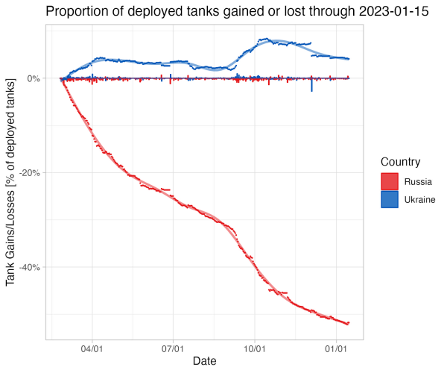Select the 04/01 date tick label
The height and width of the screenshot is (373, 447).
[92, 348]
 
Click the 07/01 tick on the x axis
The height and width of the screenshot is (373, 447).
[173, 348]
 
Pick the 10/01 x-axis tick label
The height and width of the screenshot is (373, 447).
[255, 348]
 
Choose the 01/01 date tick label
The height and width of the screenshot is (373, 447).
[337, 348]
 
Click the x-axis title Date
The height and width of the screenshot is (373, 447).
[205, 361]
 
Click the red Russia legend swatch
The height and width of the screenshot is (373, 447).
[390, 181]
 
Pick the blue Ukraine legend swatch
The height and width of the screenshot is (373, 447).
[390, 200]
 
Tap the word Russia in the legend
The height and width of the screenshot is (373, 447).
[418, 181]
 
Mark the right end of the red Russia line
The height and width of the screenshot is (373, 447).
[349, 323]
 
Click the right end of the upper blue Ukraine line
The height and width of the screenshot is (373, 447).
[349, 59]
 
